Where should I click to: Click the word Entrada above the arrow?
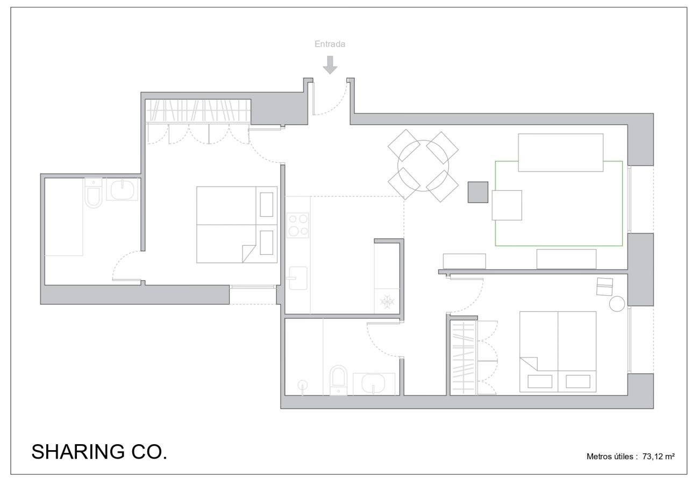click(x=330, y=44)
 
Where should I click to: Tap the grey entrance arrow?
click(x=330, y=65)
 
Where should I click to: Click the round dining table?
click(x=423, y=166)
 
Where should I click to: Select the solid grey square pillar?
click(x=478, y=192)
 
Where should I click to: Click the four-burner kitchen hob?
click(x=298, y=225)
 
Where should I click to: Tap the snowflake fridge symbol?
click(x=387, y=302)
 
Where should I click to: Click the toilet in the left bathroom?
click(x=94, y=193)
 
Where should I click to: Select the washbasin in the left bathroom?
click(x=123, y=189)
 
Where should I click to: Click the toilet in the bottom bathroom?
click(x=339, y=380)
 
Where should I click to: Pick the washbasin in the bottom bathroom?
click(x=374, y=383)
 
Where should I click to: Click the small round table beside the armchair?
click(x=617, y=304)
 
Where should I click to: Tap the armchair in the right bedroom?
click(x=605, y=287)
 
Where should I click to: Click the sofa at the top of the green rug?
click(x=561, y=153)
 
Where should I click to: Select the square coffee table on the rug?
click(x=507, y=205)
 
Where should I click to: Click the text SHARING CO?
click(x=99, y=452)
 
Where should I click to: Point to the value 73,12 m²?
click(x=659, y=457)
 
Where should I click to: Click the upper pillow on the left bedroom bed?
click(x=267, y=205)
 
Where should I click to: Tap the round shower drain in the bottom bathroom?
click(x=302, y=385)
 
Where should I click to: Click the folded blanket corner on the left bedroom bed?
click(x=249, y=253)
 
